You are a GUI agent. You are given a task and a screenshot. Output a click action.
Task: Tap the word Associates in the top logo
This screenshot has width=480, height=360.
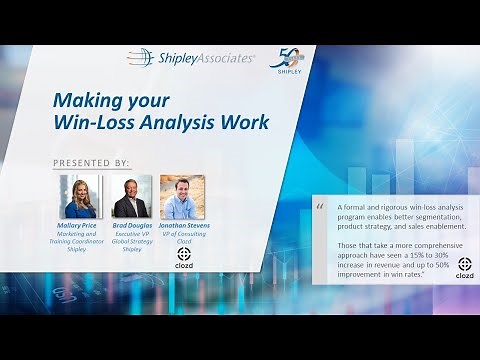[223, 58]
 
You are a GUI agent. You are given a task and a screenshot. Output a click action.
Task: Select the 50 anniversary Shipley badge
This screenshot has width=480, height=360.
[285, 61]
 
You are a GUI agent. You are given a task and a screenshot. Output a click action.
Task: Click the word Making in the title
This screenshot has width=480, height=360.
[87, 101]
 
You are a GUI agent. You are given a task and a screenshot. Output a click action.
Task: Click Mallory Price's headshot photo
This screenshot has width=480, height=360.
[80, 196]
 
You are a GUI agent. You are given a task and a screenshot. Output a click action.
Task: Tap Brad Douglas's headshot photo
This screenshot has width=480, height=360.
[132, 196]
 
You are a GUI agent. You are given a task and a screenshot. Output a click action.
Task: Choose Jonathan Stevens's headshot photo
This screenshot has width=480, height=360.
[182, 196]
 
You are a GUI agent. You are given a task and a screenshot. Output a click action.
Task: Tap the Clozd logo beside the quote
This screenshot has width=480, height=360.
[465, 267]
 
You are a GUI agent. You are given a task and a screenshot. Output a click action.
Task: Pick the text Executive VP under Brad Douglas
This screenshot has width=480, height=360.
[132, 234]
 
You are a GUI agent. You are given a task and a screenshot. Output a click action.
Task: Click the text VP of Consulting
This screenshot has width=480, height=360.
[183, 234]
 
